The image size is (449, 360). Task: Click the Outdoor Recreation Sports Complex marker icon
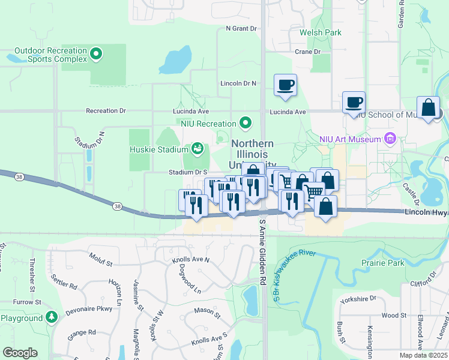click(95, 56)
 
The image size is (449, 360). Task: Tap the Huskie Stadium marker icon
click(197, 148)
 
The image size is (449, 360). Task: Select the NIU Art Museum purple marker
click(391, 139)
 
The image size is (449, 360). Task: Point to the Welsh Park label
click(324, 32)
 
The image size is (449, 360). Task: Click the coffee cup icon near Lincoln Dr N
click(286, 85)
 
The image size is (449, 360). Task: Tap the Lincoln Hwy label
click(426, 213)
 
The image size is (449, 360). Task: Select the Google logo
click(20, 353)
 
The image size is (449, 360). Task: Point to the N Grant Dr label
click(241, 28)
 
